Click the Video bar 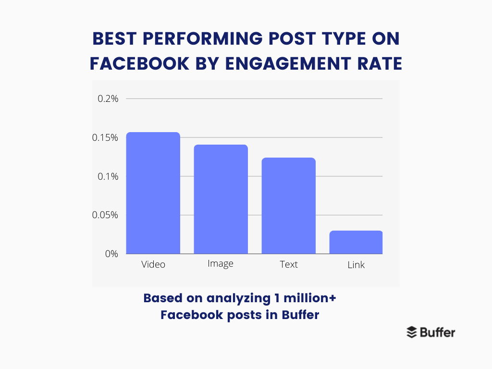point(153,193)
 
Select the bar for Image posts point(221,199)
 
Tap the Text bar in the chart point(288,206)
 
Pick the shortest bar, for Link point(356,242)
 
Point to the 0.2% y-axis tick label point(108,99)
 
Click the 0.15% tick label point(105,138)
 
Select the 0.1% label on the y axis point(108,176)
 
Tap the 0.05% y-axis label point(105,215)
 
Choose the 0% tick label point(111,254)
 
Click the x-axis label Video point(153,265)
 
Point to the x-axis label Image point(221,264)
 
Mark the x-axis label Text point(288,265)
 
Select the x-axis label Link point(356,265)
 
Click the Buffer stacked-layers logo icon point(412,332)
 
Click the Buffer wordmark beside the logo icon point(437,332)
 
